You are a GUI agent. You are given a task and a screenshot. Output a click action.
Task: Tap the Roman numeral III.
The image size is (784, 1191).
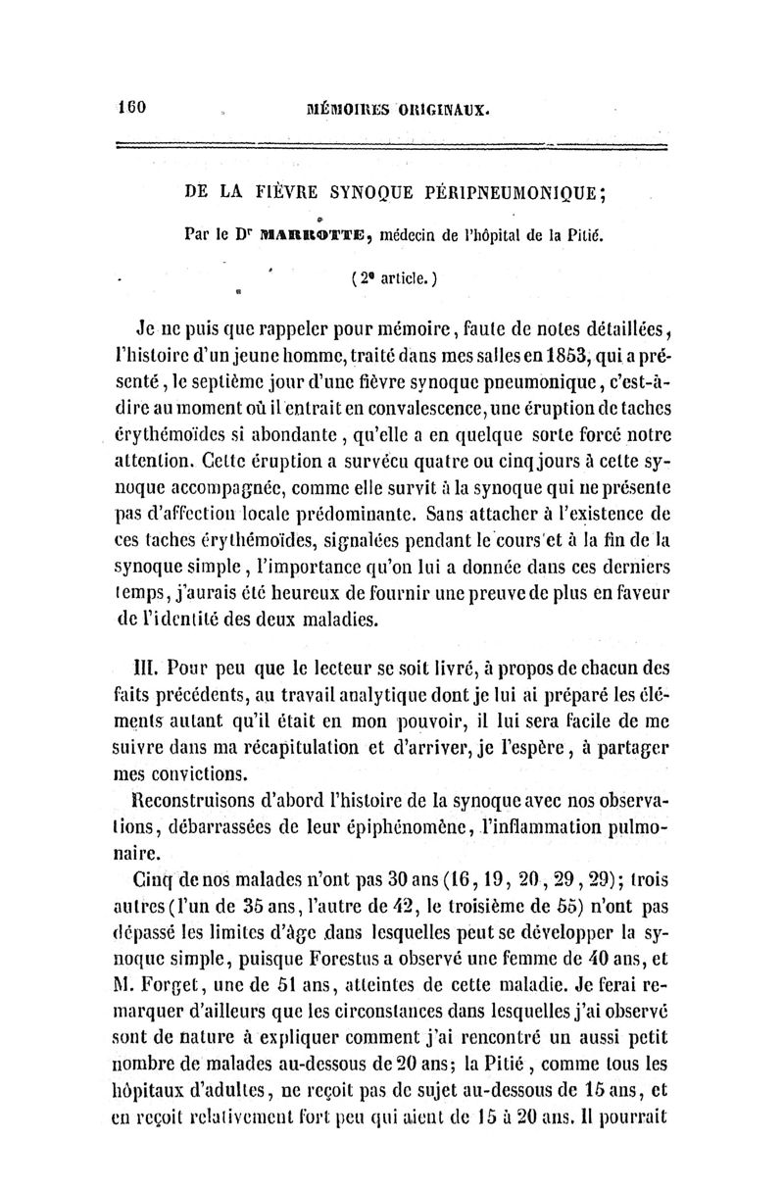pos(146,669)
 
